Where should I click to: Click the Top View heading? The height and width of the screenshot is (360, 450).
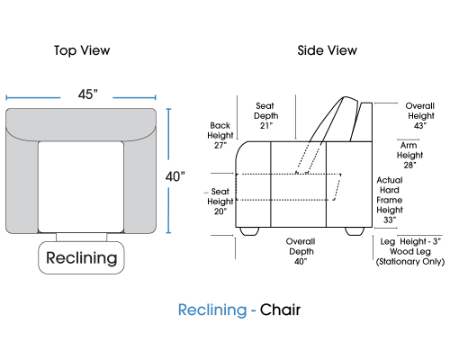pos(82,50)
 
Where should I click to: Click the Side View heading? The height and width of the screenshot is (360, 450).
pos(327,50)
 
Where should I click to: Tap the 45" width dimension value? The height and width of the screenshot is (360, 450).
pos(88,94)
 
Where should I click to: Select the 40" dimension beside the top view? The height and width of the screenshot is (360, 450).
pos(175,176)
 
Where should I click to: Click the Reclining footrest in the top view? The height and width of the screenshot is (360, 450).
pos(81,257)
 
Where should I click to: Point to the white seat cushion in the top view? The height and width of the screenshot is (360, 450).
pos(81,186)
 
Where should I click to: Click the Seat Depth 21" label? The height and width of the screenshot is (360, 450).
pos(265,115)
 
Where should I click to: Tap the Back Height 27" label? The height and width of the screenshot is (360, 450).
pos(220,135)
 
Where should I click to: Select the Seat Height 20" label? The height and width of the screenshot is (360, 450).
pos(220,202)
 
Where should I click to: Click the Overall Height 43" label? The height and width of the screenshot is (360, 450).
pos(421,115)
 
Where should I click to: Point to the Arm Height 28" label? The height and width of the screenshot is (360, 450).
pos(409,155)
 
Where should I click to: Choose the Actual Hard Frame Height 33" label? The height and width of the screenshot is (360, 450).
pos(390,200)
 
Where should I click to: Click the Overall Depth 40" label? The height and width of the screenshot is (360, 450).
pos(301,251)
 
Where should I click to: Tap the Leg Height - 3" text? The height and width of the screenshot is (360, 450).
pos(410,241)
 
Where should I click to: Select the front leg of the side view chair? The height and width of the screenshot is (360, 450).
pos(249,231)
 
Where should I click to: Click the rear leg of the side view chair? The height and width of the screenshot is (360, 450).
pos(355,231)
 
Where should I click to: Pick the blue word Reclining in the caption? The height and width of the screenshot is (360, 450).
pos(212,310)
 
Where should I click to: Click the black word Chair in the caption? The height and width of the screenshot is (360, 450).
pos(280,310)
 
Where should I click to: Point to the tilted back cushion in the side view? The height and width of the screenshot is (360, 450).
pos(333,120)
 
